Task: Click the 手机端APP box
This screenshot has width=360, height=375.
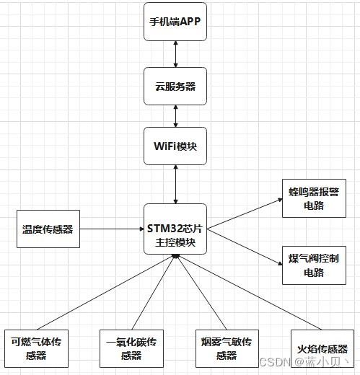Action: [175, 22]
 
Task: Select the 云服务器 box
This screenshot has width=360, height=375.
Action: [175, 87]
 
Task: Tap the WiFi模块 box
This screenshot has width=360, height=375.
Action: [175, 146]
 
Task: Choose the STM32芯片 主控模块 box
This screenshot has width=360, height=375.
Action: [175, 229]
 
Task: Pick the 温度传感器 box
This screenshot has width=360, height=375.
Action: [48, 229]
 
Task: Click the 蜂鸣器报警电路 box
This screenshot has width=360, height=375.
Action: [314, 198]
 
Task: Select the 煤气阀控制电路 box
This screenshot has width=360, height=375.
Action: [314, 265]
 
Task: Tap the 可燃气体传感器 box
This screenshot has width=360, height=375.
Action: [36, 348]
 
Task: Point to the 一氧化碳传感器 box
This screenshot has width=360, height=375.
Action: [131, 348]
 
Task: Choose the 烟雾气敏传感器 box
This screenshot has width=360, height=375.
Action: [227, 348]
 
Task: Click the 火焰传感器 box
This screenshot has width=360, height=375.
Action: [322, 348]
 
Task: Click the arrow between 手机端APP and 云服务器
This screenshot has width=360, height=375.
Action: [175, 54]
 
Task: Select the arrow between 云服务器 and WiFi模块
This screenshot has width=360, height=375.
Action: [175, 116]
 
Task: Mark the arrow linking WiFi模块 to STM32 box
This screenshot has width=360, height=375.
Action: [175, 185]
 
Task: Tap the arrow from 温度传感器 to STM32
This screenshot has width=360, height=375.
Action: [112, 229]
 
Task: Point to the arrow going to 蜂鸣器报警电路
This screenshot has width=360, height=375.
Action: [245, 213]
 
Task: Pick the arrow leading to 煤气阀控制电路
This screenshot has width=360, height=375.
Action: [245, 247]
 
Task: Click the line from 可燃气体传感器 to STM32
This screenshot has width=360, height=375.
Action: [106, 292]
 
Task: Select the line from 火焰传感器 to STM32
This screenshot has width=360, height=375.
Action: [249, 292]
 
